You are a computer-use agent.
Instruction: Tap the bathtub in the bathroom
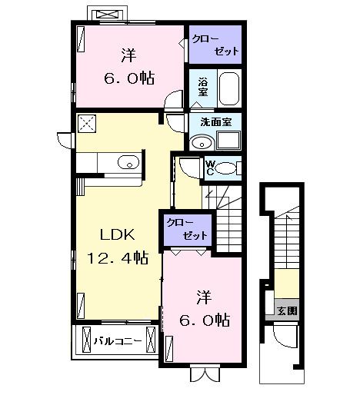(228, 88)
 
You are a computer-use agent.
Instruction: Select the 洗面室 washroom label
(215, 122)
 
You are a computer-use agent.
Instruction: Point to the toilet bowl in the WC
(226, 168)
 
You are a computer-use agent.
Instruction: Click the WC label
(210, 167)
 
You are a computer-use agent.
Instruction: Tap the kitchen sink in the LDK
(128, 162)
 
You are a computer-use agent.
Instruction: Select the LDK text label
(108, 234)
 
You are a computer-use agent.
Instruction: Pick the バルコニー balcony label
(118, 340)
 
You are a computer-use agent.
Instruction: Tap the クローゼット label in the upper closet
(215, 43)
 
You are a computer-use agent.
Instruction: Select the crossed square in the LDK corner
(86, 124)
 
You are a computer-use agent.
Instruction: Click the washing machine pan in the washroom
(228, 141)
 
